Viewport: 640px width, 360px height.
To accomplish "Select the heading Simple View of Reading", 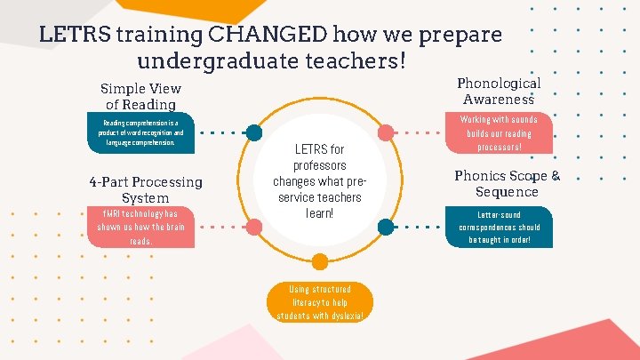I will point(140,96).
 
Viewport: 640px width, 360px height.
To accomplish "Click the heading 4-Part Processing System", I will point(146,189).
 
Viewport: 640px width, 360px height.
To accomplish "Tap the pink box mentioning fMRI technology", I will point(141,227).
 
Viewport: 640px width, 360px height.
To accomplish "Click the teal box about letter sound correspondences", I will point(499,227).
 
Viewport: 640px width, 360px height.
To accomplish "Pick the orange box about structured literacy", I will point(320,302).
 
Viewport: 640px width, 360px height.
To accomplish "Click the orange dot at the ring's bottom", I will point(320,260).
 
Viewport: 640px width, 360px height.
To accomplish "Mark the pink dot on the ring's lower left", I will point(254,228).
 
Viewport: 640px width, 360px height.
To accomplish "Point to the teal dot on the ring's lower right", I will point(386,228).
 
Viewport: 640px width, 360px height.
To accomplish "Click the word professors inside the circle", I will point(320,165).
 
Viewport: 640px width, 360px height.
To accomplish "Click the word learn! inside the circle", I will point(320,213).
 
